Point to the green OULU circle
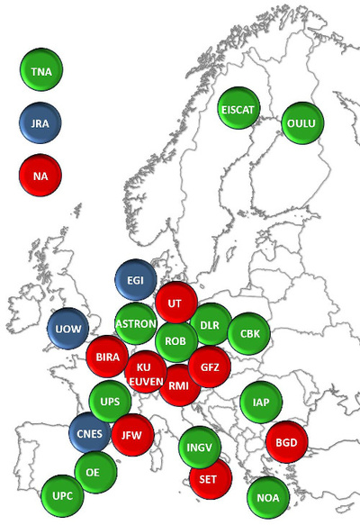(x=303, y=122)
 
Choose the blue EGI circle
(x=136, y=281)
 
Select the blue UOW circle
(x=68, y=328)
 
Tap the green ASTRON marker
(x=137, y=323)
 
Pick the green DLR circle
(x=210, y=324)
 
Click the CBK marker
(x=249, y=332)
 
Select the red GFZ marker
(x=210, y=367)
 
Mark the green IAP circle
(x=261, y=402)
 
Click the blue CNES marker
(x=91, y=432)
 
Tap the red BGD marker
(x=287, y=442)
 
